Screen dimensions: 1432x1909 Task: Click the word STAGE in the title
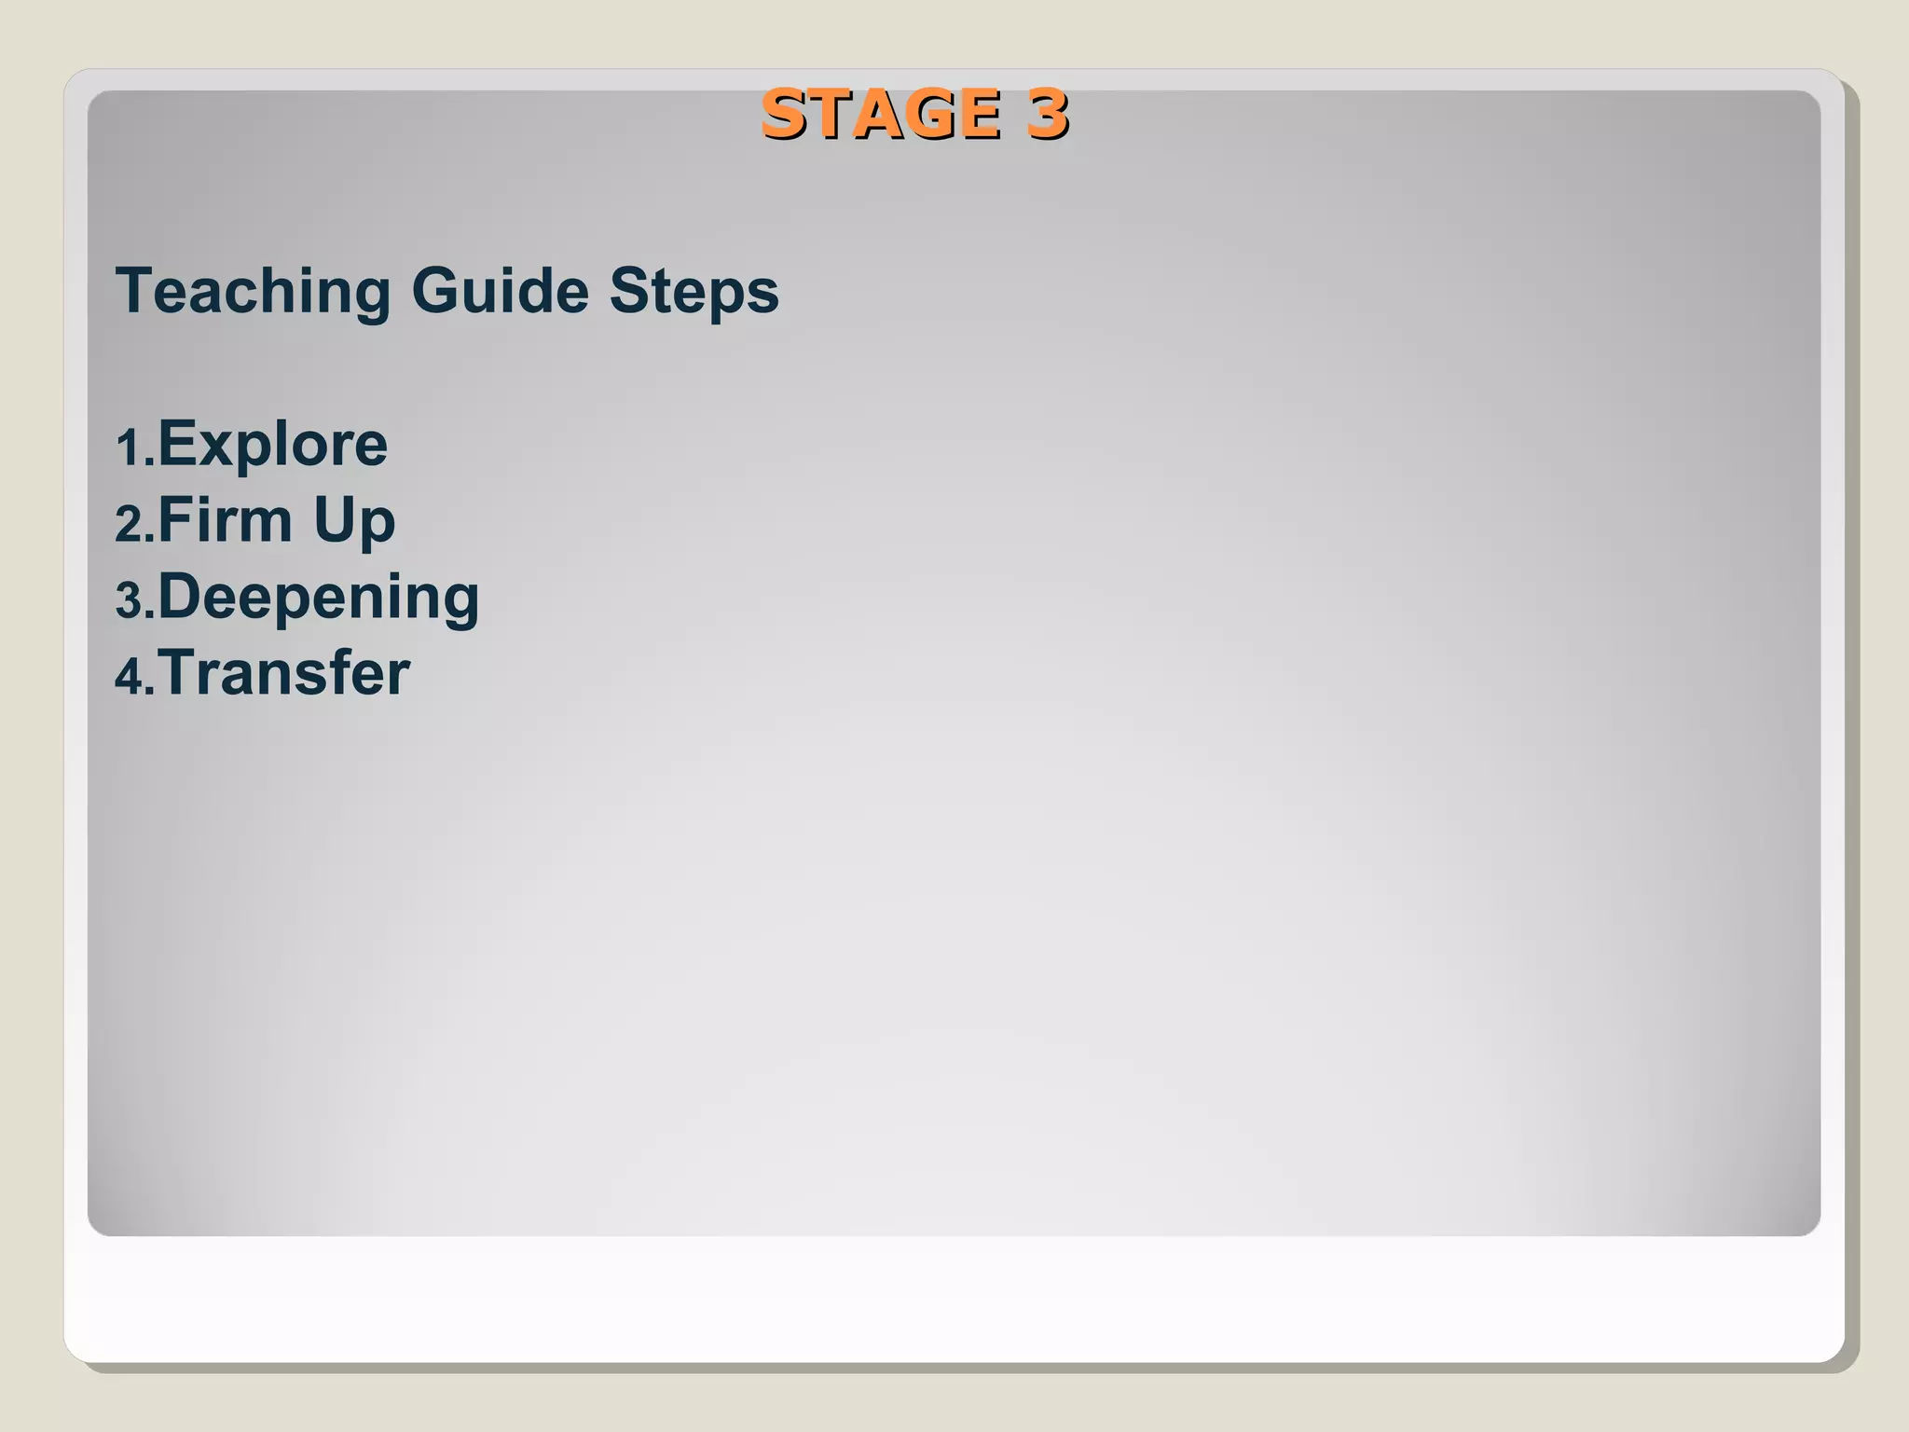pyautogui.click(x=880, y=115)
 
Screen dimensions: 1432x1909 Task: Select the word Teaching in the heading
pyautogui.click(x=253, y=291)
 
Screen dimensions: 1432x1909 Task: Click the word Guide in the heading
pyautogui.click(x=500, y=291)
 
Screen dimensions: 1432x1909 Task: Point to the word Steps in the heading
pyautogui.click(x=694, y=293)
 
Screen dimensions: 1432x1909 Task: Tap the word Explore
pyautogui.click(x=272, y=445)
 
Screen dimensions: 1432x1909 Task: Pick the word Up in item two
pyautogui.click(x=354, y=522)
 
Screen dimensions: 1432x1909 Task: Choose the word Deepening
pyautogui.click(x=319, y=599)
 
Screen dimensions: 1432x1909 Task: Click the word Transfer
pyautogui.click(x=283, y=673)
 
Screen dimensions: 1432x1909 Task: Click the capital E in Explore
pyautogui.click(x=175, y=445)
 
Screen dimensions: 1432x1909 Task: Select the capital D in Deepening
pyautogui.click(x=179, y=597)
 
